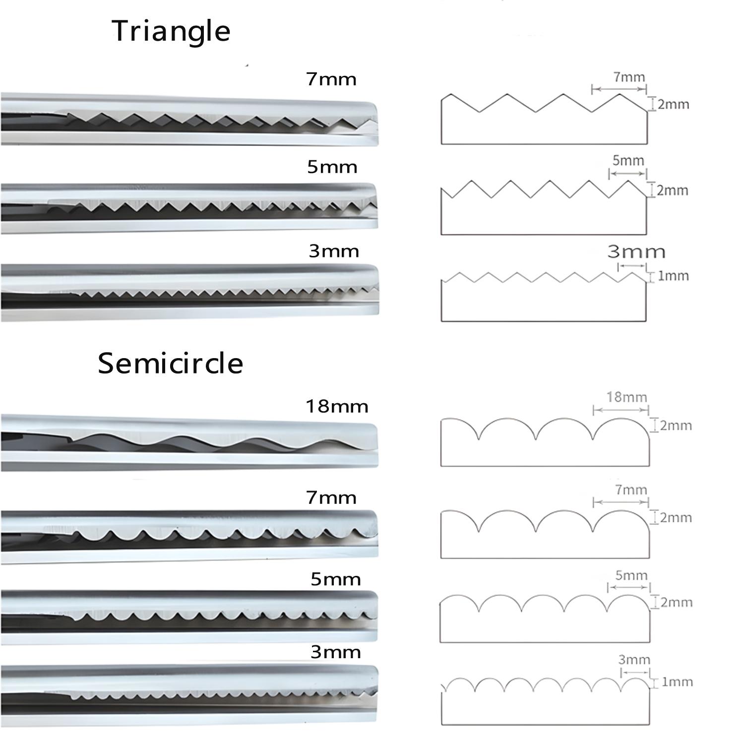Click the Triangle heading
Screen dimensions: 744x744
click(171, 31)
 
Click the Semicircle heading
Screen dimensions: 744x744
click(170, 363)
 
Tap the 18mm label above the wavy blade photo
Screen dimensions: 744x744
click(337, 407)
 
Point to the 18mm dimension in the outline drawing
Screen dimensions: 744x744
click(626, 397)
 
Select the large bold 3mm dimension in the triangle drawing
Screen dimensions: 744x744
click(636, 252)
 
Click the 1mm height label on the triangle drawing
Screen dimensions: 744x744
click(673, 276)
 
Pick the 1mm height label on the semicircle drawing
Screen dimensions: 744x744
click(677, 682)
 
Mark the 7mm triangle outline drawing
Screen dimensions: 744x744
click(544, 119)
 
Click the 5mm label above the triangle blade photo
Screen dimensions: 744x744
click(332, 167)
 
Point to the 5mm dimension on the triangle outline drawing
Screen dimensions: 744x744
click(628, 161)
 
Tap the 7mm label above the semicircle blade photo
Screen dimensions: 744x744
click(331, 497)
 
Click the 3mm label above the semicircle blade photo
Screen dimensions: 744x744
click(335, 652)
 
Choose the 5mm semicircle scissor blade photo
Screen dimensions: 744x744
click(188, 615)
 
